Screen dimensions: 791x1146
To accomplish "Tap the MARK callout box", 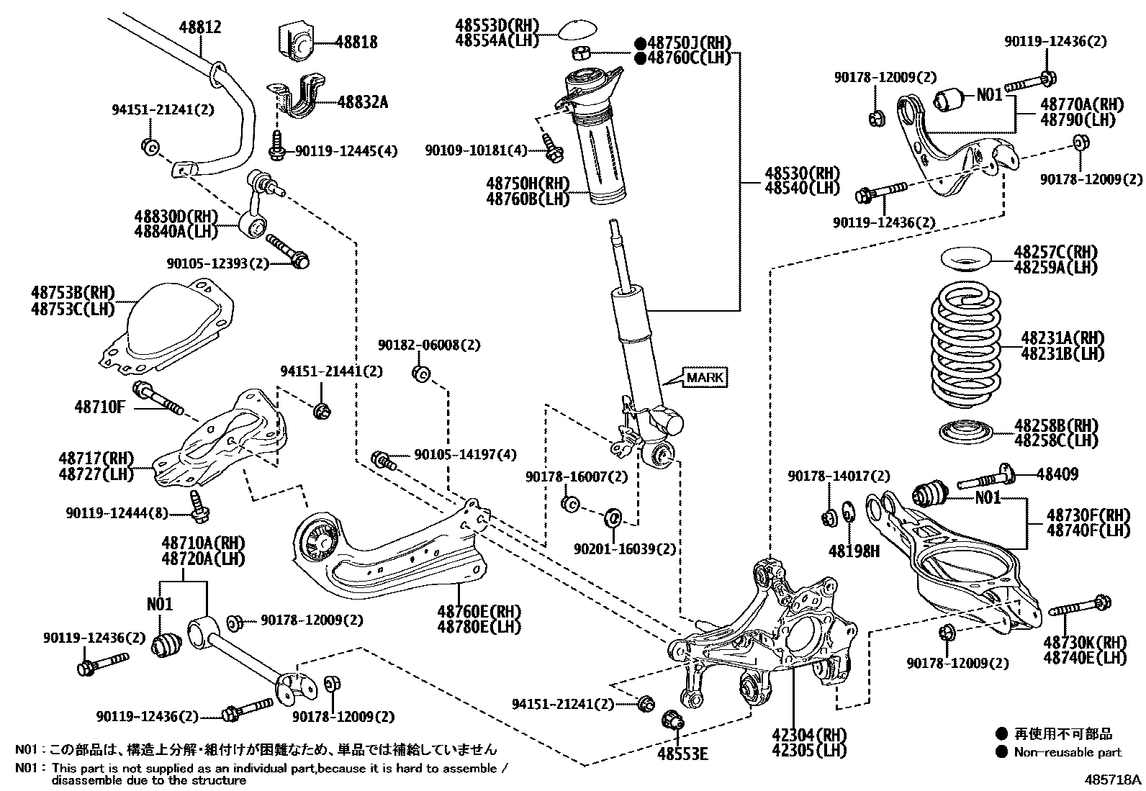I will coord(705,377).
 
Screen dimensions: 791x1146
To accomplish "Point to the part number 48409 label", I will coord(1057,474).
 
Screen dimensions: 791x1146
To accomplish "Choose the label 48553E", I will coord(682,754).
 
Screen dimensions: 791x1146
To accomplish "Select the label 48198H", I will coord(854,551).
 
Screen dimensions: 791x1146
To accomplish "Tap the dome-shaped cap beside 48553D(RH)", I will coord(579,30).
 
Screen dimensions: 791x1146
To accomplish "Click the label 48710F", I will coord(99,407).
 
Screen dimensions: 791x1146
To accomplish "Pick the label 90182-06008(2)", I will coord(428,345).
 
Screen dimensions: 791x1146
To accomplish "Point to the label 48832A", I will coord(363,102).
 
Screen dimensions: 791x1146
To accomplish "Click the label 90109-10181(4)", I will coord(476,150).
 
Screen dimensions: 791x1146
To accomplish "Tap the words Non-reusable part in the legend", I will coord(1068,752).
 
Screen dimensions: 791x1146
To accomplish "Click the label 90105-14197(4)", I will coord(465,455).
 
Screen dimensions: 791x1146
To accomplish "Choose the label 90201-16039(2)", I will coord(625,548).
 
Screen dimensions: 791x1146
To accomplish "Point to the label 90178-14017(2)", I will coord(839,476).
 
